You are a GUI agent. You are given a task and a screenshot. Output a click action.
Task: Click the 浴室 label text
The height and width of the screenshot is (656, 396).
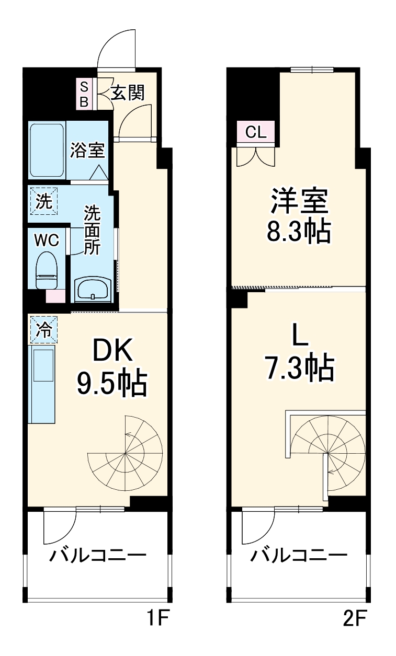pos(88,151)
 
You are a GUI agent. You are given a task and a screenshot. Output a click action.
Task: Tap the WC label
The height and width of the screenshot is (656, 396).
pos(47,240)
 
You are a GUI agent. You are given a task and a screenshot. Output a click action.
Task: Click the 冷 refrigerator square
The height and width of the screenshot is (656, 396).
pos(44,329)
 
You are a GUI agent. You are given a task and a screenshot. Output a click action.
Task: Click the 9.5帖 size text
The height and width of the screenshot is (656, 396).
pos(112,384)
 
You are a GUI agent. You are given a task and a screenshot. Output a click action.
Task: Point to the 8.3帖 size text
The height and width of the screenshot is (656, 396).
pos(299,232)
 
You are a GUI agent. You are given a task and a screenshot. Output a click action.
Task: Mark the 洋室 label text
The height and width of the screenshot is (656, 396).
pos(299,201)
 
